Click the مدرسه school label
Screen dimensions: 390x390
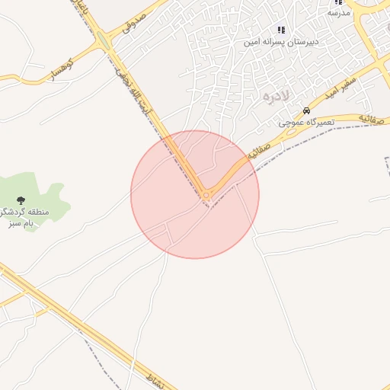338,13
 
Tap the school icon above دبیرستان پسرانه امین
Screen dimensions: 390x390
281,30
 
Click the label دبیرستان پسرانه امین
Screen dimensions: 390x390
280,41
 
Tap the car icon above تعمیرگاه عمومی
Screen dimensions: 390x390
306,110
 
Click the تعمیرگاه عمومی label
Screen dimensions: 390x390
307,122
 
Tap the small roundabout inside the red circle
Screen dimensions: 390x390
206,196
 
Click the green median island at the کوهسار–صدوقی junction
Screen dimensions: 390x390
104,43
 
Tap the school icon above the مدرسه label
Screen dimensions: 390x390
338,2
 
